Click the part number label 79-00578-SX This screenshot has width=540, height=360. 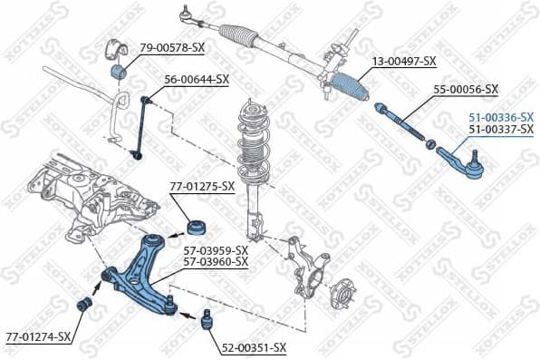(170, 46)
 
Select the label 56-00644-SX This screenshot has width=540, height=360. (195, 79)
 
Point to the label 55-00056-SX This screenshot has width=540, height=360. (466, 89)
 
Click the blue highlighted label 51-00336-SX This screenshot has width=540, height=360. (500, 116)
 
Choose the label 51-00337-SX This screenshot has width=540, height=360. (500, 130)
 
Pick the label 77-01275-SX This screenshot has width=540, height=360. (202, 187)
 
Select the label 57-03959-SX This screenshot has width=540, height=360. (216, 249)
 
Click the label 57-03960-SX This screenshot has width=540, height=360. (216, 261)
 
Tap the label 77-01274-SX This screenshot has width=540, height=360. (36, 336)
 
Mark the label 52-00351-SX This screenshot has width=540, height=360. (254, 347)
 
